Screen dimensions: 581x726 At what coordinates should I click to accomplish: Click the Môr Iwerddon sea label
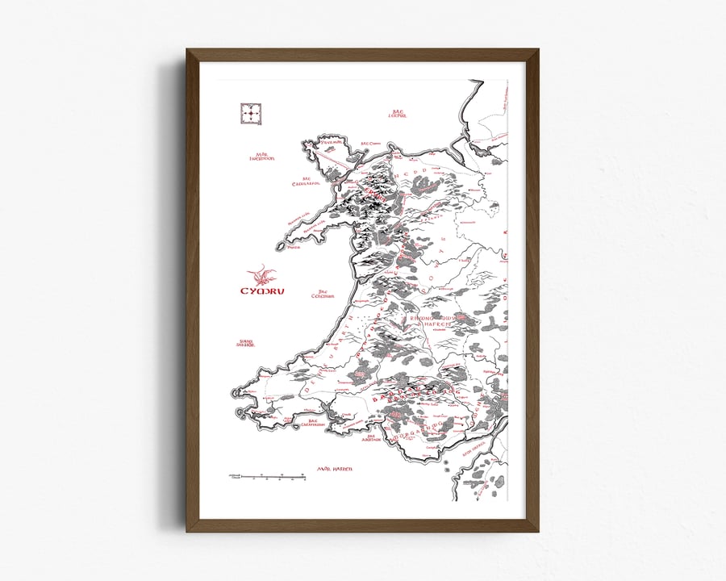pos(261,156)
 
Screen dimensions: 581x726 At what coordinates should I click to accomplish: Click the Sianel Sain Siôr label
pos(245,343)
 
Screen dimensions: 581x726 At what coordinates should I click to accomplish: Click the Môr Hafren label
pos(336,469)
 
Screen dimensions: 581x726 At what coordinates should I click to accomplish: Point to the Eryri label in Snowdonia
pos(373,192)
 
